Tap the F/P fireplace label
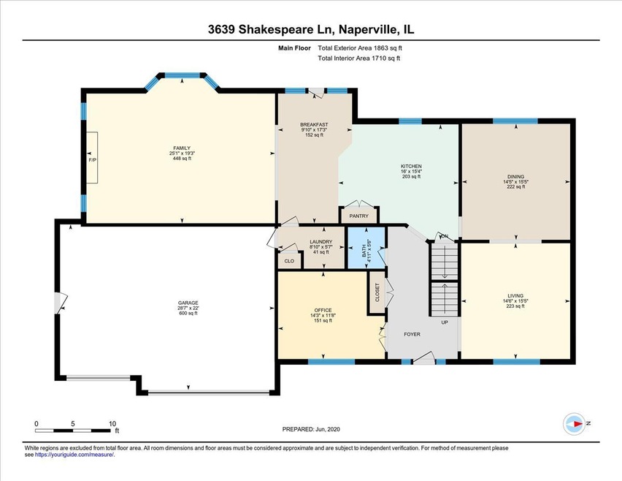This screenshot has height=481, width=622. click(x=93, y=159)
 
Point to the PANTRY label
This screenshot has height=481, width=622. click(x=358, y=216)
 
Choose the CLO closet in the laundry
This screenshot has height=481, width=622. click(x=289, y=261)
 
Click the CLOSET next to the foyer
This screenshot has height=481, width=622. click(x=377, y=293)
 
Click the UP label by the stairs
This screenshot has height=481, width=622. click(x=443, y=322)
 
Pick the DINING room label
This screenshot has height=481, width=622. click(x=515, y=176)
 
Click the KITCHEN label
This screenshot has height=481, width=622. click(x=411, y=166)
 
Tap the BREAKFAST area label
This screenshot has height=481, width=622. click(x=314, y=125)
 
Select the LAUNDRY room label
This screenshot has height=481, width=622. click(x=321, y=242)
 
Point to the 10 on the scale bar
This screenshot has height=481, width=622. click(x=112, y=423)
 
